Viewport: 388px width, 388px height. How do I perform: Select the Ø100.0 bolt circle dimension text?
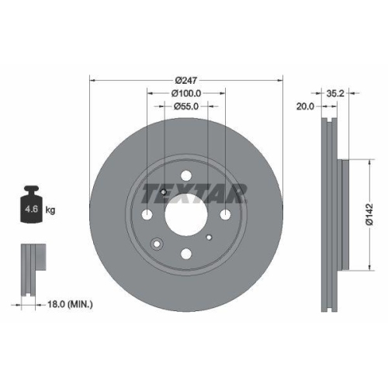[186, 93]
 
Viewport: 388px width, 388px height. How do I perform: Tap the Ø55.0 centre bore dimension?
[186, 106]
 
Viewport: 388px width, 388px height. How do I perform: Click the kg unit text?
[50, 210]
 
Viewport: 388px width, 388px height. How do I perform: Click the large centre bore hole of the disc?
[186, 214]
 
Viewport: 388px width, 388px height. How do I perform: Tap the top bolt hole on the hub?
[186, 176]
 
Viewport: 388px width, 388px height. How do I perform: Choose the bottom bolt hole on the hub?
[186, 253]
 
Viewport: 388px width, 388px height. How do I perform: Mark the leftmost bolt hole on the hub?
[148, 214]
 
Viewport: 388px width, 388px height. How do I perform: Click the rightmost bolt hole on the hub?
[224, 214]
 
